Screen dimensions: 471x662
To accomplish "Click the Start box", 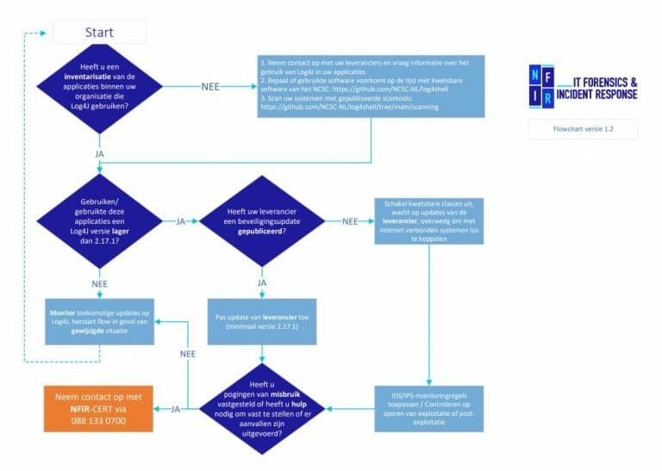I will pos(99,33).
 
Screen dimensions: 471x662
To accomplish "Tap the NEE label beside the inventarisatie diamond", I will pos(210,86).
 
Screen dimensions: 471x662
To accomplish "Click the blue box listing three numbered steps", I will pos(371,85).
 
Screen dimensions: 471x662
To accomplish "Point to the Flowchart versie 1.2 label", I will pos(584,128).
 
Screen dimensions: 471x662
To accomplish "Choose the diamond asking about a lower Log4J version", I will pos(99,221).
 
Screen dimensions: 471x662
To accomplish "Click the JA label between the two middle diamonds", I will pos(181,221).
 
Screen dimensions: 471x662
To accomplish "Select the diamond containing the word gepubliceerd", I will pos(262,221).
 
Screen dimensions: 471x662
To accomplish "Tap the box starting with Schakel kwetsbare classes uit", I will pos(428,221).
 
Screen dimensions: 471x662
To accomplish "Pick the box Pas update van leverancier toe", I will pos(262,323).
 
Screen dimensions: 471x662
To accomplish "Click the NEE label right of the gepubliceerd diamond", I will pos(350,221).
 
